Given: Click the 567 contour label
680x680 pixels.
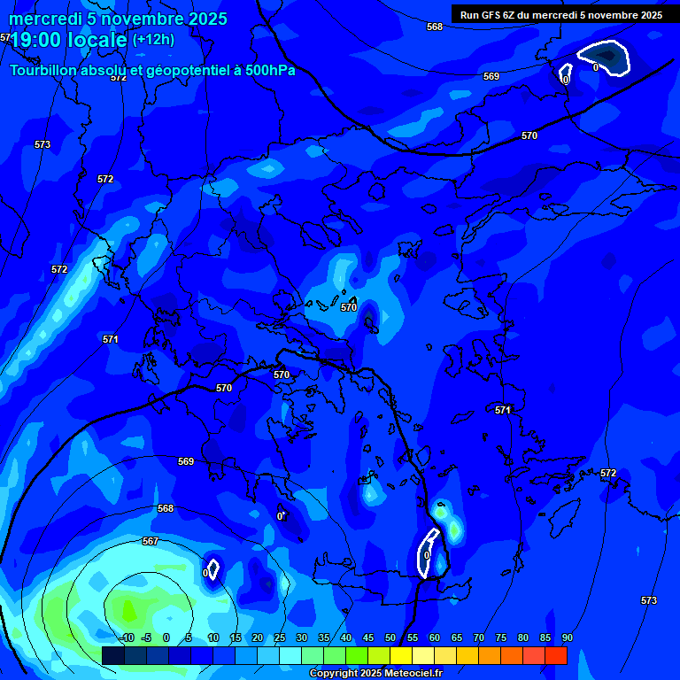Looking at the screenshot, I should (x=150, y=541).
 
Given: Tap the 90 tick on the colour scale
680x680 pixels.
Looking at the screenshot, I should (x=567, y=637).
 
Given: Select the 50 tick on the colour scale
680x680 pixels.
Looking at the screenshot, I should (x=390, y=637).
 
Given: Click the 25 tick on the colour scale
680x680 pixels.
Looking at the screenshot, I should (x=280, y=637).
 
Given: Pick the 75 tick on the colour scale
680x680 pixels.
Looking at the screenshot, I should (x=501, y=637).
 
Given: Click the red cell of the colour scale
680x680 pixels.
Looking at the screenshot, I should (x=555, y=655).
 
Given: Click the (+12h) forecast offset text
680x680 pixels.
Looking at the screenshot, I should (x=153, y=39).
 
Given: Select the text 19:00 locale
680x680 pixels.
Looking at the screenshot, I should (x=67, y=40).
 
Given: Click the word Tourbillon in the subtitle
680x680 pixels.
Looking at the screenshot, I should (x=43, y=70).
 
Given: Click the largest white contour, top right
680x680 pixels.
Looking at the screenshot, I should (x=604, y=58).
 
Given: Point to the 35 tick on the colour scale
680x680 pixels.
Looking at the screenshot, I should (x=324, y=637).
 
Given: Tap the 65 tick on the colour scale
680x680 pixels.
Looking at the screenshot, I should (x=457, y=637).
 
